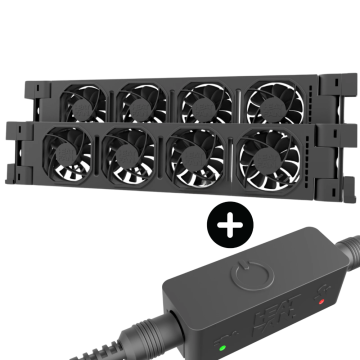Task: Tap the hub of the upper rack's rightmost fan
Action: [267, 102]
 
